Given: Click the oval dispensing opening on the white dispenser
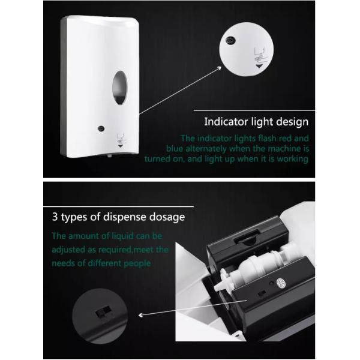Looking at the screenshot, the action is pos(119,88).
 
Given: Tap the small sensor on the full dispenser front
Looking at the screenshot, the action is pos(101,128).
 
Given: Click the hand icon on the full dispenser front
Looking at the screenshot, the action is pos(121,139).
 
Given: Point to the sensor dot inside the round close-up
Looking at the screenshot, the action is pos(230,41).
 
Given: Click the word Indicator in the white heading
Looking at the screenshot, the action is pos(226,122).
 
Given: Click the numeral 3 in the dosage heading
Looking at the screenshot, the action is pos(55,217).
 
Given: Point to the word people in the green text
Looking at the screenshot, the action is pos(137,264).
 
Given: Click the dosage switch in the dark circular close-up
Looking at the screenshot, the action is pos(104,311).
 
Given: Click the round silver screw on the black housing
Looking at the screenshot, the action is pos(281,283).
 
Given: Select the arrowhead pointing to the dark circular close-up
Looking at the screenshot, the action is pos(140,315).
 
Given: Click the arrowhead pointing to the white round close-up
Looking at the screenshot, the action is pos(220,68).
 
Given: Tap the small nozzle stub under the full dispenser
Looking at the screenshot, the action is pos(110,155).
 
